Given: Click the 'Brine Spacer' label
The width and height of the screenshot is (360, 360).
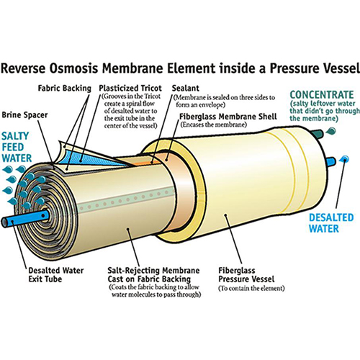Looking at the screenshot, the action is pyautogui.click(x=24, y=115).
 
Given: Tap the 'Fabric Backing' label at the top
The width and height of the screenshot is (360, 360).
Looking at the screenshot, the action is pyautogui.click(x=65, y=89).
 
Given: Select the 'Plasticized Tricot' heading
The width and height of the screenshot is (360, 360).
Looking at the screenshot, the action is pyautogui.click(x=130, y=88).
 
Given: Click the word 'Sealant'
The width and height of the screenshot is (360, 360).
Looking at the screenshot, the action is pyautogui.click(x=186, y=88).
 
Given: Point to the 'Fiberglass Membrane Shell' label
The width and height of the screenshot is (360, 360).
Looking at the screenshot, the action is pyautogui.click(x=228, y=117).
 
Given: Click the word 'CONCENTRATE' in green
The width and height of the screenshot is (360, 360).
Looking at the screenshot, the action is pyautogui.click(x=322, y=94).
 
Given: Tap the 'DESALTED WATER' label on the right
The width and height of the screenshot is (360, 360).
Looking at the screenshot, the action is pyautogui.click(x=331, y=223).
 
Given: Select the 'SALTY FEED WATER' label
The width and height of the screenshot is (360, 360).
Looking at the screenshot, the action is pyautogui.click(x=17, y=147).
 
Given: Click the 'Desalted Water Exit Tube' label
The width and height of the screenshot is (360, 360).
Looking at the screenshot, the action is pyautogui.click(x=56, y=275).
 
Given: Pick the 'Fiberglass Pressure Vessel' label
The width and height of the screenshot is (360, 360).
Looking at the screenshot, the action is pyautogui.click(x=246, y=275).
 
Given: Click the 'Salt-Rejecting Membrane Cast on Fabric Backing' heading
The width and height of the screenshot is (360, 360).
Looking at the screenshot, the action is pyautogui.click(x=153, y=275).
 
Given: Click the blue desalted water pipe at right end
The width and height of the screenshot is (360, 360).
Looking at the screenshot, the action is pyautogui.click(x=330, y=163).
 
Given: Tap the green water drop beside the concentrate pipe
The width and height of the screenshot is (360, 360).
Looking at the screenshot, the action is pyautogui.click(x=331, y=131).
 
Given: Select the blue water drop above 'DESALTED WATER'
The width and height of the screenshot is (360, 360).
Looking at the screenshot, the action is pyautogui.click(x=344, y=158).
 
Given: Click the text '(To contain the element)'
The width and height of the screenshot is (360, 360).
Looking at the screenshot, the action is pyautogui.click(x=251, y=288).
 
